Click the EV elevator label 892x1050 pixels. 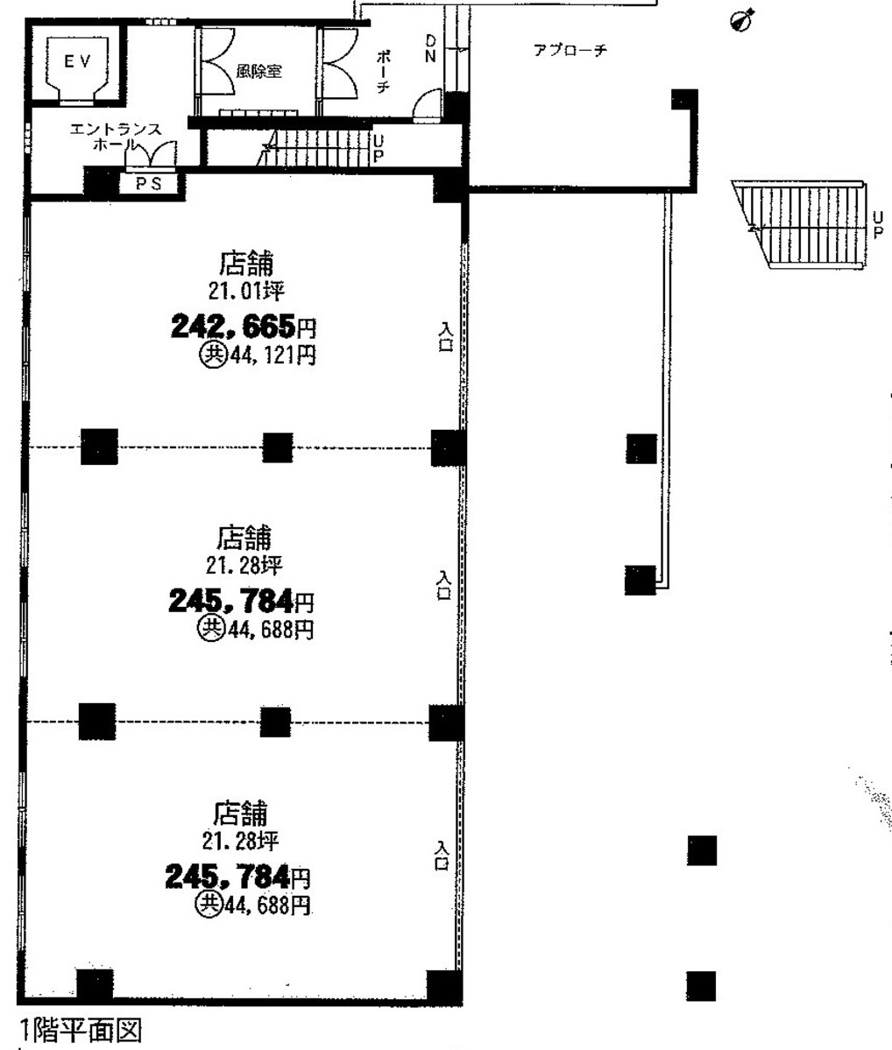tap(77, 61)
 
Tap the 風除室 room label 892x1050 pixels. tap(258, 70)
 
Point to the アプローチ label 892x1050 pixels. tap(570, 50)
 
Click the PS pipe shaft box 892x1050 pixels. tap(149, 184)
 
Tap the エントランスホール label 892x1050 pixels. tap(116, 137)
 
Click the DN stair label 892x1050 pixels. tap(429, 50)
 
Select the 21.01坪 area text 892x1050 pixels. tap(246, 292)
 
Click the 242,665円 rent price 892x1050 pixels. tap(244, 327)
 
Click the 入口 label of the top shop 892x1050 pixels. tap(446, 337)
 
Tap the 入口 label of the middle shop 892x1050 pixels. tap(443, 585)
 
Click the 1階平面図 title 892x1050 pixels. tap(81, 1030)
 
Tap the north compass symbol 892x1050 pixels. tap(742, 21)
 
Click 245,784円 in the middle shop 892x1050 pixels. tap(241, 601)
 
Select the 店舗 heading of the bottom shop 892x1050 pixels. tap(240, 813)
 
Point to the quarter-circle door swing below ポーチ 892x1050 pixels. tap(426, 105)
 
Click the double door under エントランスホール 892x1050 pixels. tap(151, 156)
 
